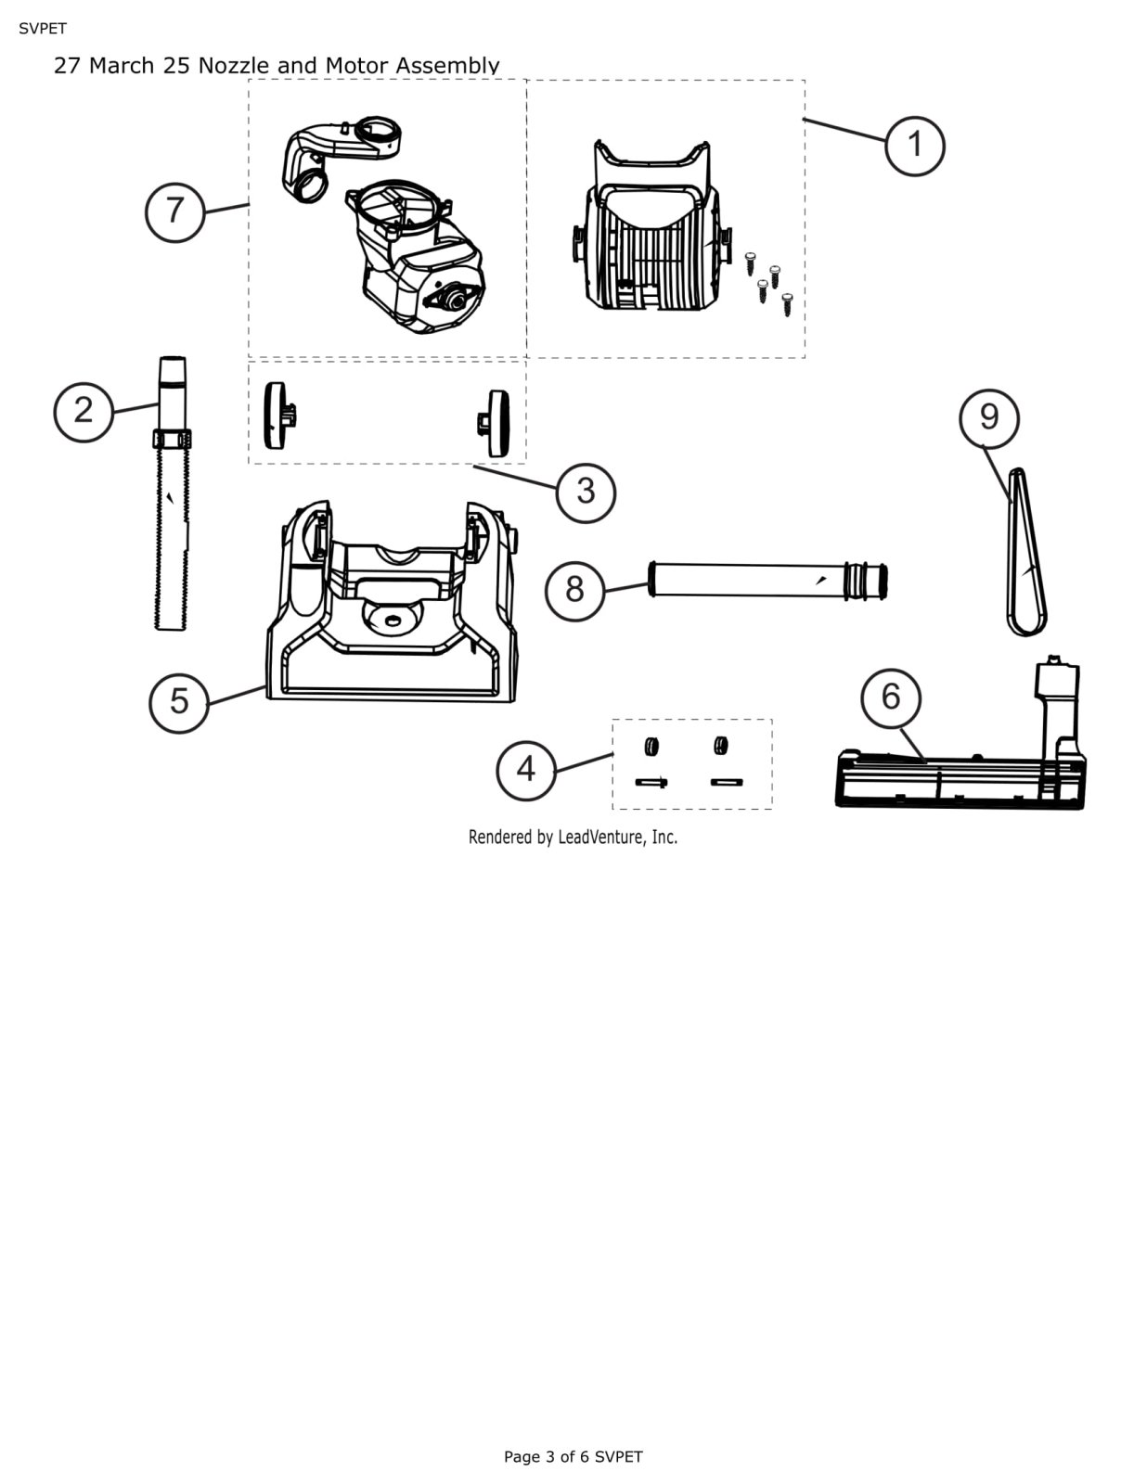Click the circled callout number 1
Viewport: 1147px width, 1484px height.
(914, 146)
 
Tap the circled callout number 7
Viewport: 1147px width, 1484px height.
(174, 211)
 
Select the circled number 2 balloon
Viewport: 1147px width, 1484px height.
(84, 412)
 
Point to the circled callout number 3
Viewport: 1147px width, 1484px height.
(586, 493)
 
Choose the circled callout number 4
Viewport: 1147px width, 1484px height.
(525, 771)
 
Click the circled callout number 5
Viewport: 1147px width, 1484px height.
(179, 703)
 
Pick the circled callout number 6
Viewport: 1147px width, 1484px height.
(891, 698)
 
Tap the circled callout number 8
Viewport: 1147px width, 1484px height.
(574, 591)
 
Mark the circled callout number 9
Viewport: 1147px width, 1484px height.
(988, 418)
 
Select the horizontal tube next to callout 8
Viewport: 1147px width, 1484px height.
(767, 582)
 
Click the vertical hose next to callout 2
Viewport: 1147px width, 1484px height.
(171, 493)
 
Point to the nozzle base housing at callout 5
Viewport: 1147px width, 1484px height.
(392, 602)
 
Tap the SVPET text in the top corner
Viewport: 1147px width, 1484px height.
(43, 29)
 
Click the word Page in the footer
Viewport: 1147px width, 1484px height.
(522, 1457)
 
